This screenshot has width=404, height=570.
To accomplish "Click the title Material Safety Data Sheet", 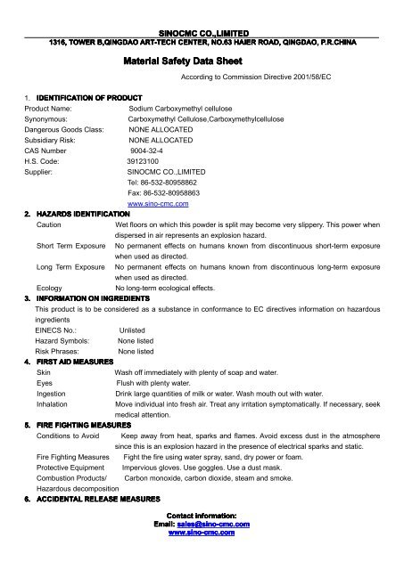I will pos(202,63).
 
